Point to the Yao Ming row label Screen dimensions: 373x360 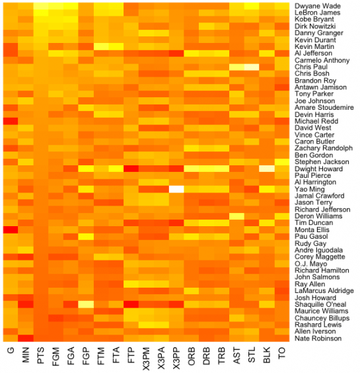310,189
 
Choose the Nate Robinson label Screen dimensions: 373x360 317,339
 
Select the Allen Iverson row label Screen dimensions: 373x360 314,331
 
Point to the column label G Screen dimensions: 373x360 11,352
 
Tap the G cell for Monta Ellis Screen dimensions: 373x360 11,229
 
